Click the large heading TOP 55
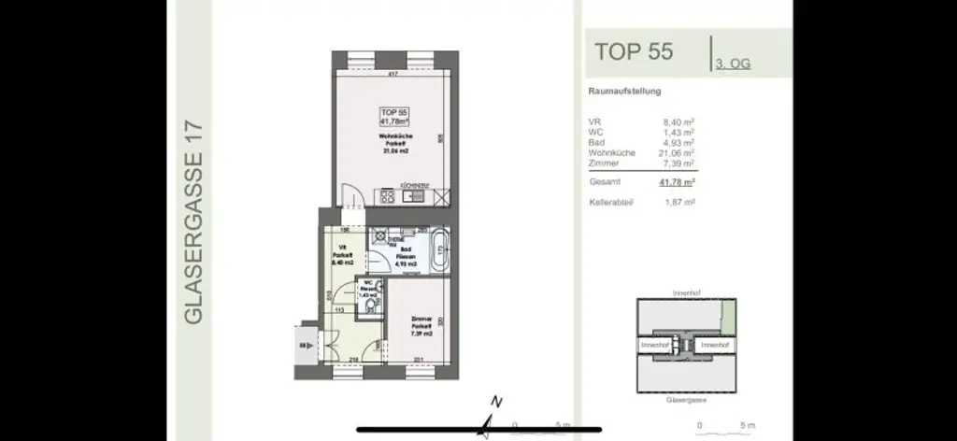click(633, 50)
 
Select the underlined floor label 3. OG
click(733, 64)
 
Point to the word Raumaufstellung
click(624, 92)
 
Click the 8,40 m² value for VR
click(678, 121)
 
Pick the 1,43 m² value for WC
click(678, 132)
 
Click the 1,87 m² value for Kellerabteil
click(678, 202)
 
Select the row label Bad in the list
click(595, 142)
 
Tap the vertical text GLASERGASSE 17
click(194, 221)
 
